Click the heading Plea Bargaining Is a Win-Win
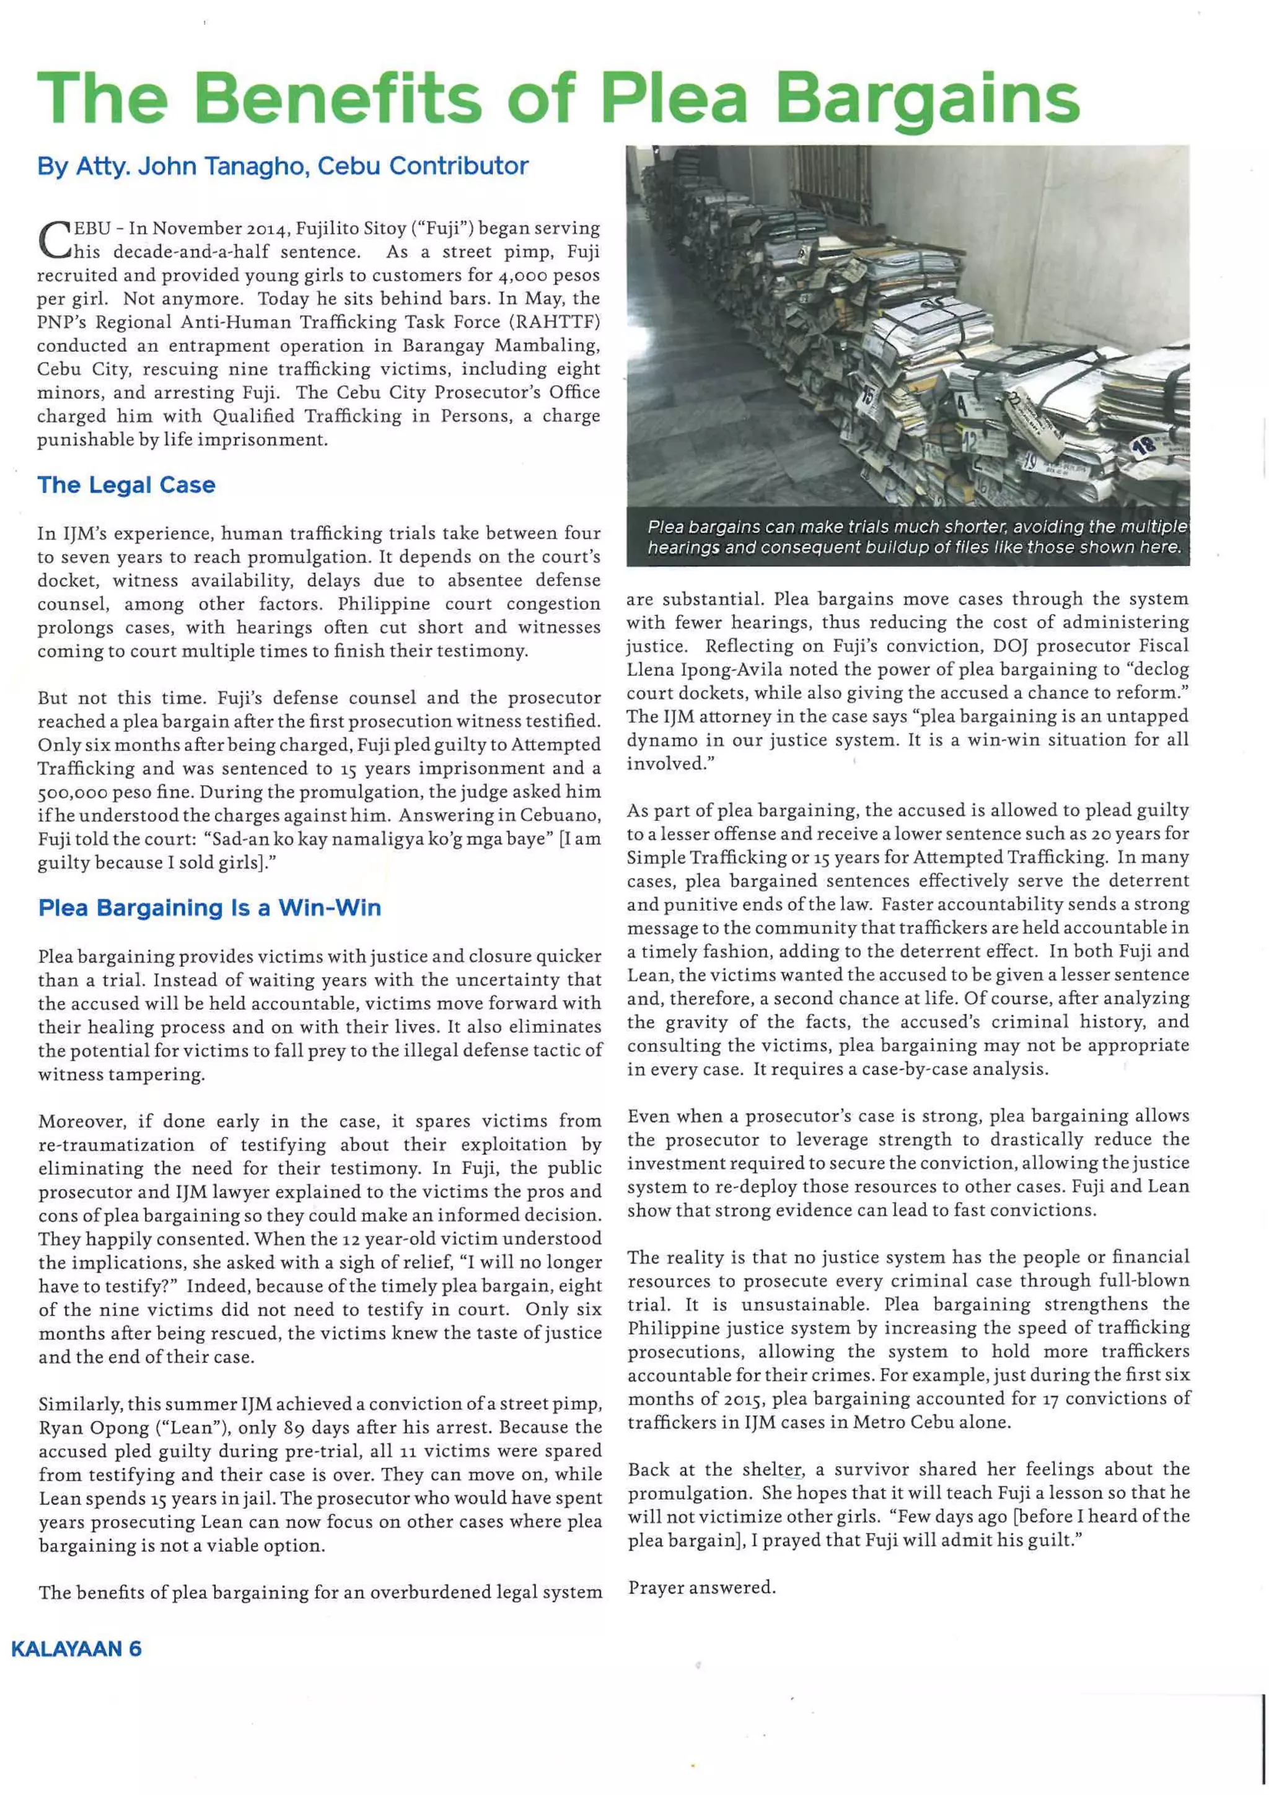click(209, 908)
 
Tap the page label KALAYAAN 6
click(76, 1649)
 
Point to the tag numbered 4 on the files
click(962, 406)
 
